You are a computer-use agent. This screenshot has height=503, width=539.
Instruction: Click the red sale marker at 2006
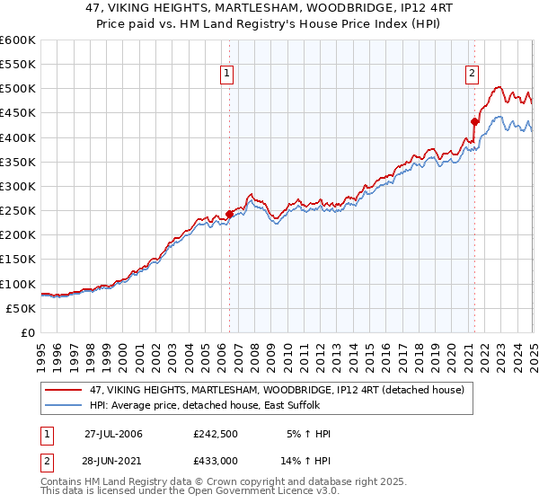point(229,214)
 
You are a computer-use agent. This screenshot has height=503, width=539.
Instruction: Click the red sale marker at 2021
point(473,120)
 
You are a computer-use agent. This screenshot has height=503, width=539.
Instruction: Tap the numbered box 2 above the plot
point(472,74)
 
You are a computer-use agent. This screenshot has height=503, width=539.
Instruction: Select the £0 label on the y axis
point(27,332)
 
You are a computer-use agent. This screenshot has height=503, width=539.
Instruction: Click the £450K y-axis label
point(18,113)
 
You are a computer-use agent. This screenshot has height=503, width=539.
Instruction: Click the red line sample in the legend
point(65,390)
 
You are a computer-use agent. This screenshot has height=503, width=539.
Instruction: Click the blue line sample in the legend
point(65,406)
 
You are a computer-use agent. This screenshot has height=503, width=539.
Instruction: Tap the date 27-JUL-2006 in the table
point(113,434)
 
